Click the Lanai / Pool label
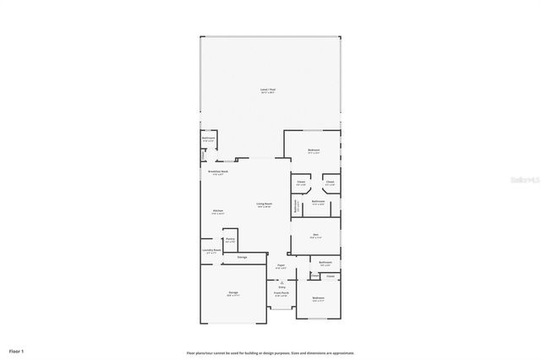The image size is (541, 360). point(267,90)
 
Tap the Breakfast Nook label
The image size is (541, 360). point(218,172)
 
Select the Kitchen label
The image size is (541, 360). point(217,210)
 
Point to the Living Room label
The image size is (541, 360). point(265,204)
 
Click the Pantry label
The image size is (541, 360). point(230,239)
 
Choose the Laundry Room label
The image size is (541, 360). point(212,250)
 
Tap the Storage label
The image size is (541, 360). point(242,257)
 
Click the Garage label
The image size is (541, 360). point(232,292)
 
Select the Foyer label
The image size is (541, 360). point(281,266)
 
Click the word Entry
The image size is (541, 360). point(281,287)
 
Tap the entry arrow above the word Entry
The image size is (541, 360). point(281,281)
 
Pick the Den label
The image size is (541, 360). point(315,235)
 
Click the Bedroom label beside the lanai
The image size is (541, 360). point(314,150)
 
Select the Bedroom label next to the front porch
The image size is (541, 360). point(318,298)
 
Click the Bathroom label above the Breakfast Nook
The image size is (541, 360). point(209,137)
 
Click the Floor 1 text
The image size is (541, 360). point(17,350)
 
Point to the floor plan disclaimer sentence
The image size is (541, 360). point(270,352)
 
